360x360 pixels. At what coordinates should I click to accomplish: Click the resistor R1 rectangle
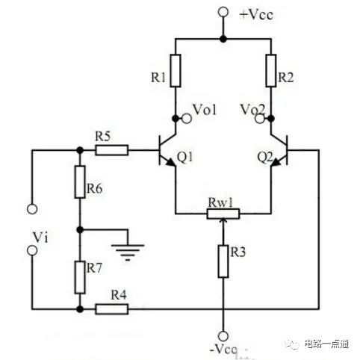tap(176, 71)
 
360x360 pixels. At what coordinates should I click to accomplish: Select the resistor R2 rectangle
tap(271, 71)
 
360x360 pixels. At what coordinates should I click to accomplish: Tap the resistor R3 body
tap(223, 261)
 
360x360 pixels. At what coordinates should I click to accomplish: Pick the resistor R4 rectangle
tap(112, 309)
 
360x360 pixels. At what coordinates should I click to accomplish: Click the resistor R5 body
tap(112, 150)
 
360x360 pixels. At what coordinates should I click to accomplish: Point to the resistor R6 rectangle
tap(80, 181)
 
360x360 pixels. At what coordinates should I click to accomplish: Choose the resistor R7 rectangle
tap(80, 277)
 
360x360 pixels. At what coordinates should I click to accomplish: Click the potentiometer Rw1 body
tap(223, 214)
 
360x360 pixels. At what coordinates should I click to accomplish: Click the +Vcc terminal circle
tap(223, 12)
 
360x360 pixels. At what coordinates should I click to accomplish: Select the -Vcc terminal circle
tap(223, 336)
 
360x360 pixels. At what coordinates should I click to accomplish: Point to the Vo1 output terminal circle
tap(187, 119)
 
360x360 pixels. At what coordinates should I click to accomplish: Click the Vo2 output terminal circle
tap(260, 119)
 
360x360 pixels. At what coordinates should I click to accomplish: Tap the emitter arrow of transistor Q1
tap(170, 162)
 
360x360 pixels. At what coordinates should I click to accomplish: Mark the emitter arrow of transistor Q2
tap(276, 162)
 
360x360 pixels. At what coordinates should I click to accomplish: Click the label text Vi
tap(40, 238)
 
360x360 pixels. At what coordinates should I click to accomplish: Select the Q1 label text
tap(185, 158)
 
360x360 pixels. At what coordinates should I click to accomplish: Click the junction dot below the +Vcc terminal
tap(223, 39)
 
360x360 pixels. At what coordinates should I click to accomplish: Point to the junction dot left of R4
tap(80, 309)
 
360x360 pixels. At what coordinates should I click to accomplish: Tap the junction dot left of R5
tap(80, 150)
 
